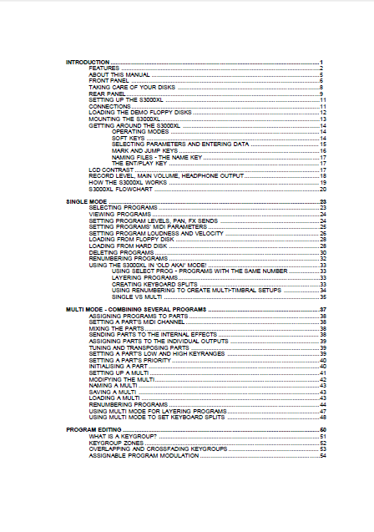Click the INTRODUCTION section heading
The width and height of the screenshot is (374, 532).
click(x=88, y=63)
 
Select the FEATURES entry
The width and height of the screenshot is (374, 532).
click(x=104, y=68)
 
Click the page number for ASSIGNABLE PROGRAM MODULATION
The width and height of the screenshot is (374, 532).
click(x=321, y=455)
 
